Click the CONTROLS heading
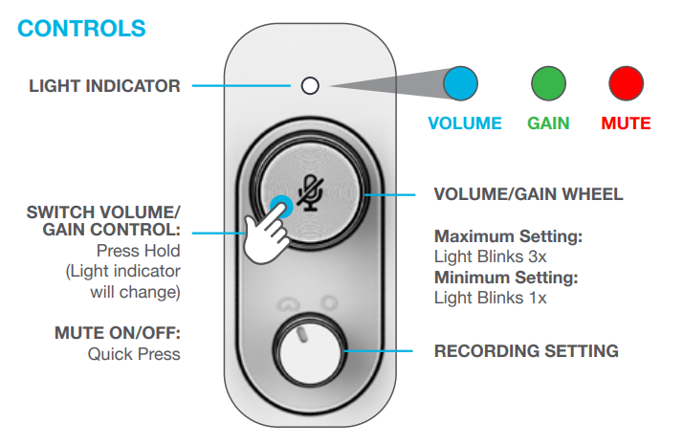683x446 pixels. coord(81,28)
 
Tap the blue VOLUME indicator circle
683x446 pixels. coord(462,84)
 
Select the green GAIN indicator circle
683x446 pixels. coord(547,84)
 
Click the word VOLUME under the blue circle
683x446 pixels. coord(465,123)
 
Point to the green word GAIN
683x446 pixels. coord(549,123)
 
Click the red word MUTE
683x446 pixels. coord(626,123)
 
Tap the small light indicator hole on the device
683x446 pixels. coord(309,86)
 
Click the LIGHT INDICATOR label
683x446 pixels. coord(104,86)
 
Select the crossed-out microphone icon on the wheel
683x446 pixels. coord(309,191)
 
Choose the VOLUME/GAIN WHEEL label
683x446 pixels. coord(528,194)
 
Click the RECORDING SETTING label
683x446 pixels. coord(526,351)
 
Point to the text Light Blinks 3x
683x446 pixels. coord(484,256)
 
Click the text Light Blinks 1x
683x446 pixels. coord(484,297)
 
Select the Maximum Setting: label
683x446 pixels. coord(508,235)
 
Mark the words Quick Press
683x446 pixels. coord(134,354)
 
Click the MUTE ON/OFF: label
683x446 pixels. coord(118,334)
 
